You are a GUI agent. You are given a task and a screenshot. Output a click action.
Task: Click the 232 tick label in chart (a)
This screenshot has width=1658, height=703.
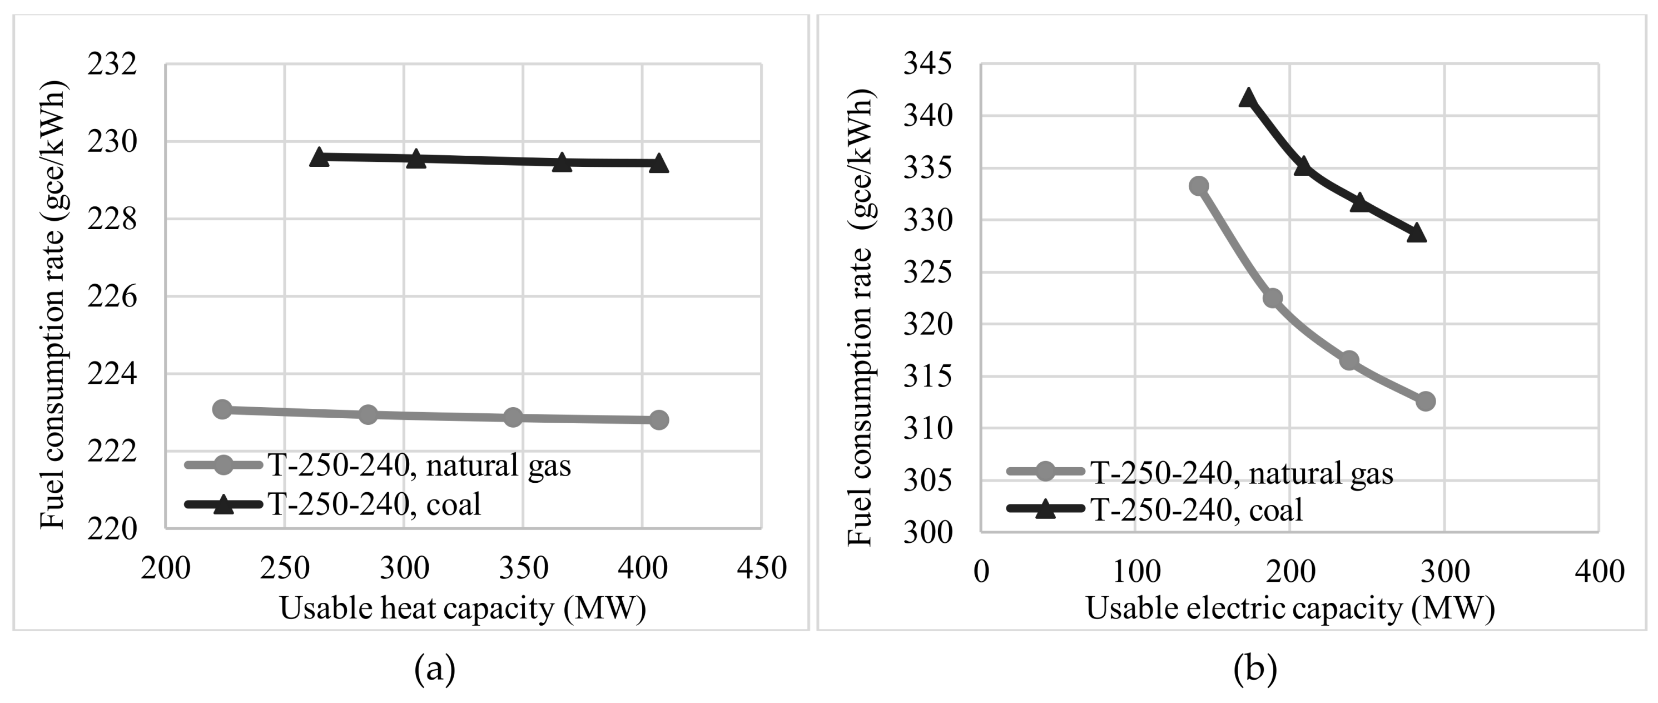tap(113, 65)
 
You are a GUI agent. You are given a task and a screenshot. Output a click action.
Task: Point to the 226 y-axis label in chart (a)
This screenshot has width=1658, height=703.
tap(113, 298)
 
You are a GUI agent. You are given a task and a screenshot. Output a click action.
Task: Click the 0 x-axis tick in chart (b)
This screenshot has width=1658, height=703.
tap(981, 572)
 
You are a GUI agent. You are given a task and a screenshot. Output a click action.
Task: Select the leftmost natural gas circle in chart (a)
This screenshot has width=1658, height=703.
tap(222, 409)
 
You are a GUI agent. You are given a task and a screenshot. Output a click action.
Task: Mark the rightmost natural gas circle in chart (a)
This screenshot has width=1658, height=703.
tap(658, 420)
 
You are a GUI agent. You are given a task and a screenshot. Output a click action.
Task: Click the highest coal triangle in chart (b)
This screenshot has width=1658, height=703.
tap(1249, 98)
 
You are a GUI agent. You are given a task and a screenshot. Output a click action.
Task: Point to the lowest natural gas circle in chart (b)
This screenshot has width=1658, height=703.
tap(1426, 401)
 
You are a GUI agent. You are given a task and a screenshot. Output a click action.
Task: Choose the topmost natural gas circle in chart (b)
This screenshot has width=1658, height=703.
tap(1198, 186)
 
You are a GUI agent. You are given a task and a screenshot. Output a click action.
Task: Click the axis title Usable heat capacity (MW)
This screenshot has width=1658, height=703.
tap(462, 608)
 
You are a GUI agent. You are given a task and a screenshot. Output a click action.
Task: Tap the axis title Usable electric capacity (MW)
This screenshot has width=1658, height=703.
tap(1290, 608)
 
